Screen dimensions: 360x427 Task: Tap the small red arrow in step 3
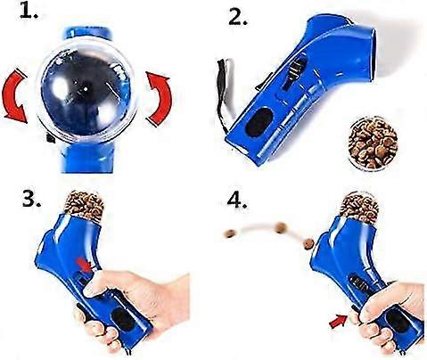pyautogui.click(x=84, y=262)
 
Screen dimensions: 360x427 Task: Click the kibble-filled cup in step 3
pyautogui.click(x=85, y=208)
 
